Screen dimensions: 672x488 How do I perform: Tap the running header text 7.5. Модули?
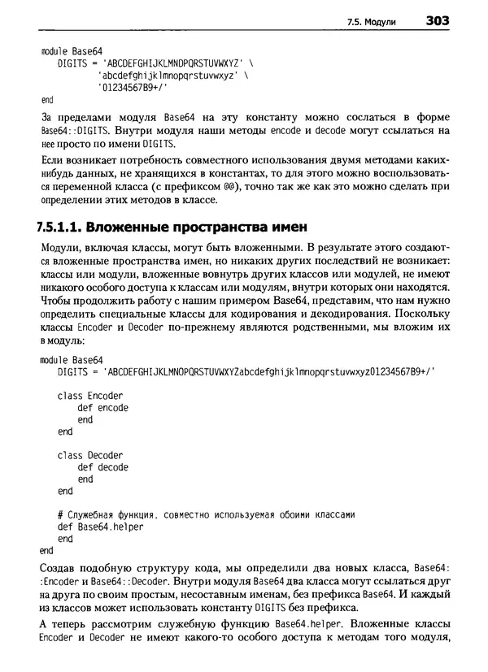pyautogui.click(x=371, y=23)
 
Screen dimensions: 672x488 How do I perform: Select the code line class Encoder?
pyautogui.click(x=90, y=396)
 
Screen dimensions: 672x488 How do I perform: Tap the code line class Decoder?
pyautogui.click(x=90, y=455)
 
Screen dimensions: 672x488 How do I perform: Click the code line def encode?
pyautogui.click(x=102, y=408)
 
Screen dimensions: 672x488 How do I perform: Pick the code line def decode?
pyautogui.click(x=102, y=467)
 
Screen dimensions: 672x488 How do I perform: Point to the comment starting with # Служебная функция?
pyautogui.click(x=207, y=514)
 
